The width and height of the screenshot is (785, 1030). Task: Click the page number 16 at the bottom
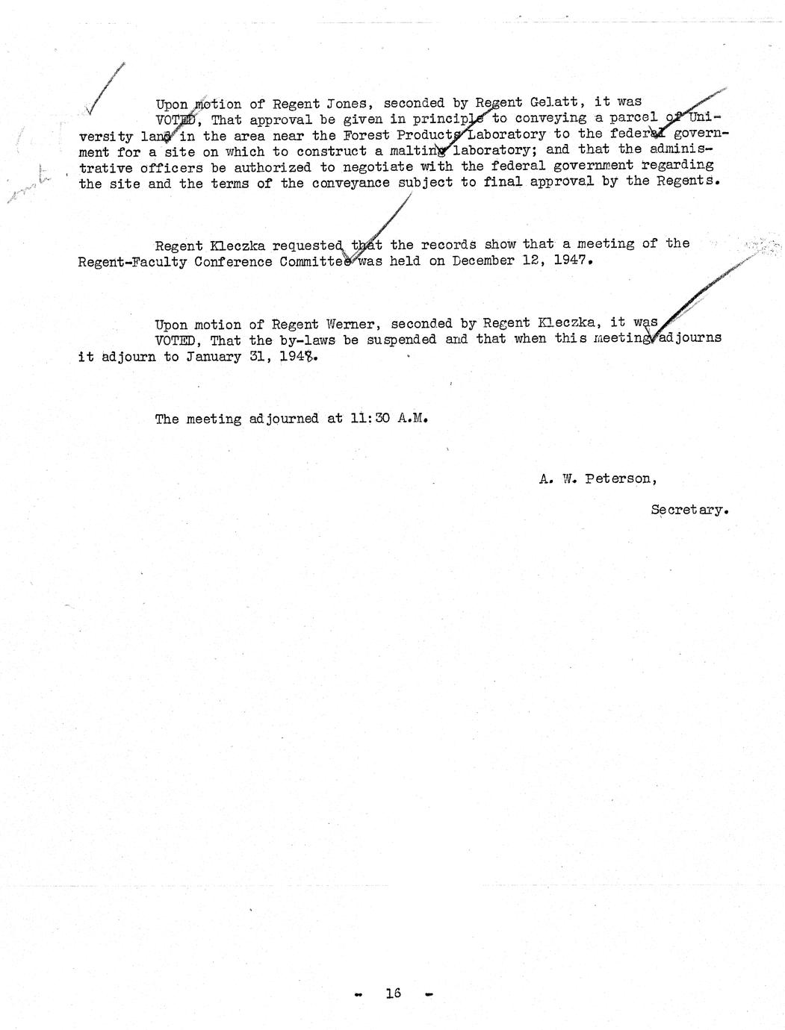click(x=393, y=993)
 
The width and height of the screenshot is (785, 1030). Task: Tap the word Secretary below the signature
click(x=689, y=511)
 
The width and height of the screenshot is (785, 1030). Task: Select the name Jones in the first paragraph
click(x=343, y=104)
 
